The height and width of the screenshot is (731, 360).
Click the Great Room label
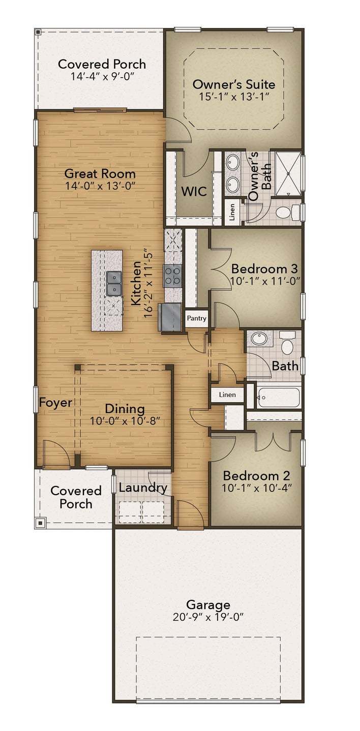(100, 173)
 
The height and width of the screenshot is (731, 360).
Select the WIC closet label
(194, 191)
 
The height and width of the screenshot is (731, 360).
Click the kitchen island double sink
(114, 284)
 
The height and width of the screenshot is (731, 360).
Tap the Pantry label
(196, 319)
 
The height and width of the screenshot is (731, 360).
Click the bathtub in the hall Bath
(278, 398)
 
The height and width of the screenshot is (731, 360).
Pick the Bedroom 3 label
(264, 268)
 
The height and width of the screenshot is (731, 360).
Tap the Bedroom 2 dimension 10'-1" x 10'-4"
(257, 488)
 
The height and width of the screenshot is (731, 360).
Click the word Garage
(208, 605)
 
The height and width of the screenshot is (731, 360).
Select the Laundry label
(143, 488)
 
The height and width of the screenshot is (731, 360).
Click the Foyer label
(55, 403)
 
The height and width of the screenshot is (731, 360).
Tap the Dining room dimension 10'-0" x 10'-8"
(125, 421)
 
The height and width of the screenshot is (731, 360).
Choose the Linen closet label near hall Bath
(227, 395)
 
